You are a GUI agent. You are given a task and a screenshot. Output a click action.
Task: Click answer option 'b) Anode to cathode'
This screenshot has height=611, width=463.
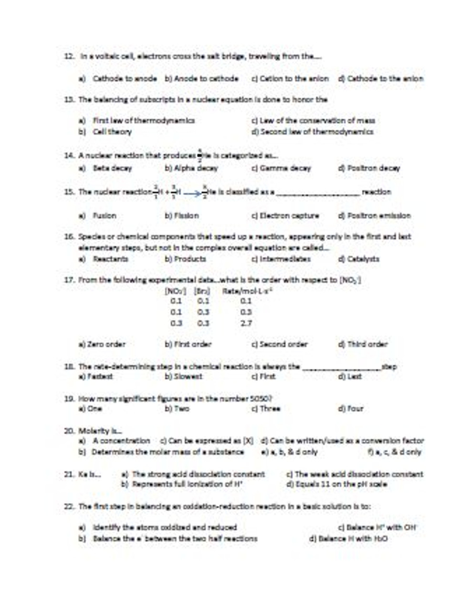coord(201,79)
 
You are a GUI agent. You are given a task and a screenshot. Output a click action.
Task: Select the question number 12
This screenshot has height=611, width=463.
coord(69,56)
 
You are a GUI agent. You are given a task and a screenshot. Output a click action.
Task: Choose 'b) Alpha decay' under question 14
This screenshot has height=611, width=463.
coord(191,168)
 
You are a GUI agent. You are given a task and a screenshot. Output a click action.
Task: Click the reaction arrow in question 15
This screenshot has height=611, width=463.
coord(192,193)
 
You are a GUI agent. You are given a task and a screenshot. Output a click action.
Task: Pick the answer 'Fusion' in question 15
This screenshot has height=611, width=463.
coord(104,216)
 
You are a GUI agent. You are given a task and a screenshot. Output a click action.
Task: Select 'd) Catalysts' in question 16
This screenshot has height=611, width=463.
coord(358,259)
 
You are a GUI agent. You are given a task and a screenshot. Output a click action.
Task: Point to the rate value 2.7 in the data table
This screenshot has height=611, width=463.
coord(246,323)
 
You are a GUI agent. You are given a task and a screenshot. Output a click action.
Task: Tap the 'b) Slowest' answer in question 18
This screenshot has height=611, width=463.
coord(183,377)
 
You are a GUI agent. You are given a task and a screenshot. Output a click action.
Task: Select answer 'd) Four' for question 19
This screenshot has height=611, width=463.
coord(351,409)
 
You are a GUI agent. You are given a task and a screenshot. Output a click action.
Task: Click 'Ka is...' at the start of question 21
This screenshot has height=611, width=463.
coord(89,474)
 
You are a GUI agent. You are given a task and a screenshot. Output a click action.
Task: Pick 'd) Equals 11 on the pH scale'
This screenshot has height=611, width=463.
coord(336,484)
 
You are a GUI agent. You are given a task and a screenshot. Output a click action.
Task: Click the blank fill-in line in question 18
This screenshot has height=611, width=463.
coord(342,368)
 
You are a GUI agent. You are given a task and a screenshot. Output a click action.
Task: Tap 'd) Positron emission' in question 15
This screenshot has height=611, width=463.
coord(374,216)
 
